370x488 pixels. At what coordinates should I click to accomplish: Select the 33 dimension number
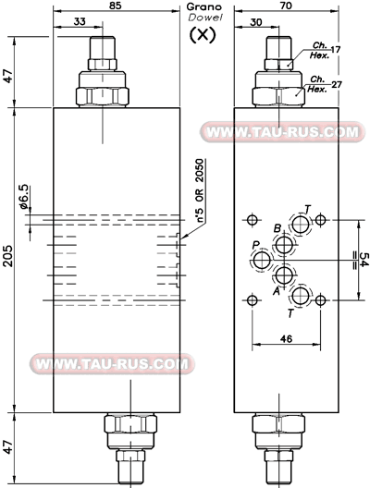pos(80,21)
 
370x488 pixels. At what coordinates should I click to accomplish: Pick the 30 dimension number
pos(256,21)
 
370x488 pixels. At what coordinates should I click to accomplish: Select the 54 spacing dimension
pos(364,260)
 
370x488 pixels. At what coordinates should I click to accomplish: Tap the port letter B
pos(277,228)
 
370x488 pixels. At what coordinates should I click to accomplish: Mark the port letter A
pos(277,288)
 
